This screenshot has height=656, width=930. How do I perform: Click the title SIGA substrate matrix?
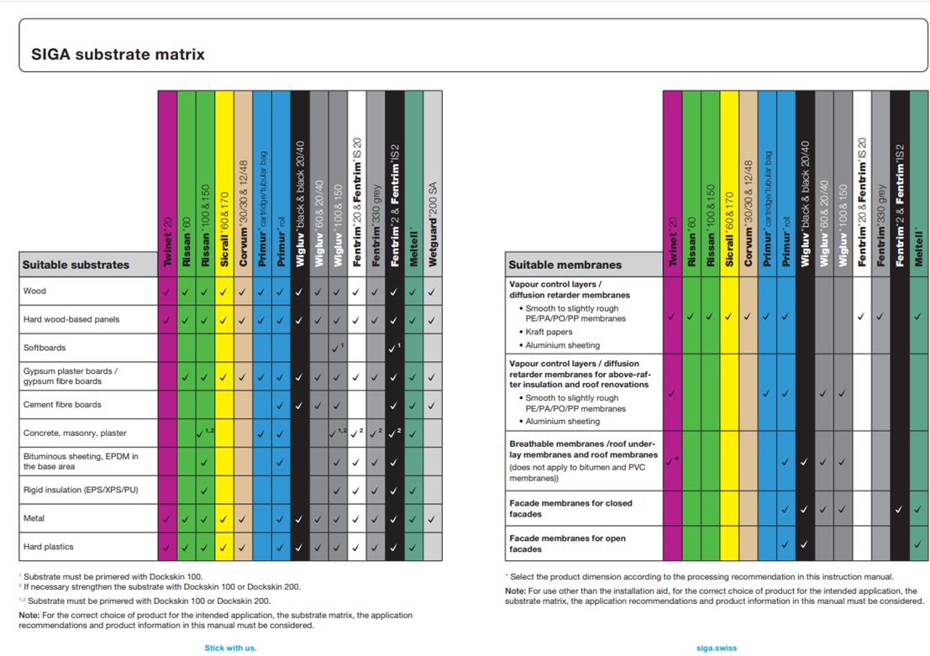(118, 55)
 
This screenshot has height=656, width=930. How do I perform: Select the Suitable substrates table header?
(76, 265)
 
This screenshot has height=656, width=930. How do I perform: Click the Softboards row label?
(45, 347)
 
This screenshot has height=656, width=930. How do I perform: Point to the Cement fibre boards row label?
(62, 404)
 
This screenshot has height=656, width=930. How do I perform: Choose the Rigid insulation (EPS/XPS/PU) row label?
(81, 490)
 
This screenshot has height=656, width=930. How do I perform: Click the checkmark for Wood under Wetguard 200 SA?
(432, 291)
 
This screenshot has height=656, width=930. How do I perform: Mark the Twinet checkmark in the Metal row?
(167, 519)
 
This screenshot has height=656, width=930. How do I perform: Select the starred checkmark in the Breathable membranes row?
(672, 461)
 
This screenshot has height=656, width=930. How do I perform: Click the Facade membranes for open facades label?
(567, 543)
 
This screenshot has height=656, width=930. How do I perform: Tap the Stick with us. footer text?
(230, 648)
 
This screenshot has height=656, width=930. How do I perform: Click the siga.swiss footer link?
(716, 648)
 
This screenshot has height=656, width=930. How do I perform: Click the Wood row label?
(34, 291)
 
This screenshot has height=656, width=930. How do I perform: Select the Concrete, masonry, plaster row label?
(75, 433)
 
